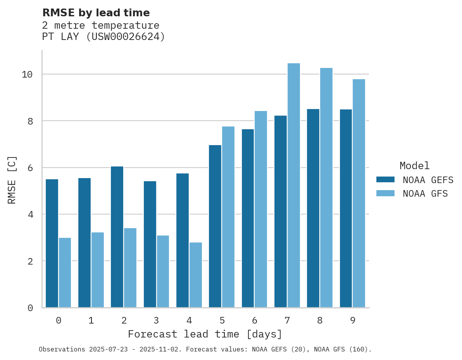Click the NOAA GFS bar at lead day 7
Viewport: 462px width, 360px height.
pyautogui.click(x=294, y=185)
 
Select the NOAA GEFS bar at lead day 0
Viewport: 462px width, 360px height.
pyautogui.click(x=52, y=243)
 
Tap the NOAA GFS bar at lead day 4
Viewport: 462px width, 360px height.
pyautogui.click(x=196, y=275)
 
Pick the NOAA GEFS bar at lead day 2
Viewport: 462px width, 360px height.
pyautogui.click(x=117, y=237)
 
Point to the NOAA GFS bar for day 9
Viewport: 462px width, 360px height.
pyautogui.click(x=359, y=193)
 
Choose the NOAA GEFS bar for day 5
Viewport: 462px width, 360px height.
pyautogui.click(x=215, y=226)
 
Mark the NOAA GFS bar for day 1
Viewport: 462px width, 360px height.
pyautogui.click(x=98, y=270)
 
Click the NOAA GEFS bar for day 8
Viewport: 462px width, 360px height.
pyautogui.click(x=313, y=208)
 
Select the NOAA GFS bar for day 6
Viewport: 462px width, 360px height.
pyautogui.click(x=261, y=209)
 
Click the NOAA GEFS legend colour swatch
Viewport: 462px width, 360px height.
pyautogui.click(x=385, y=179)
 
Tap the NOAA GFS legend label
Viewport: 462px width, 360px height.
pyautogui.click(x=425, y=194)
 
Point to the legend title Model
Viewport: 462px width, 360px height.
pyautogui.click(x=415, y=166)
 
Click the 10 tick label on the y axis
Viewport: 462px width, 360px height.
pyautogui.click(x=27, y=74)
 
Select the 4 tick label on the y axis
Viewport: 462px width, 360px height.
pyautogui.click(x=30, y=215)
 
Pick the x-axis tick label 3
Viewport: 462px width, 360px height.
pyautogui.click(x=156, y=320)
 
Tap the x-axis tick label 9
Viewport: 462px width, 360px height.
pyautogui.click(x=352, y=320)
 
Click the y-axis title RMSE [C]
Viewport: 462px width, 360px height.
pyautogui.click(x=12, y=180)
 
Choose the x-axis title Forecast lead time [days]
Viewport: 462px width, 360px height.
pyautogui.click(x=205, y=334)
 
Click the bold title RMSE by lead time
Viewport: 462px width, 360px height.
pyautogui.click(x=96, y=13)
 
